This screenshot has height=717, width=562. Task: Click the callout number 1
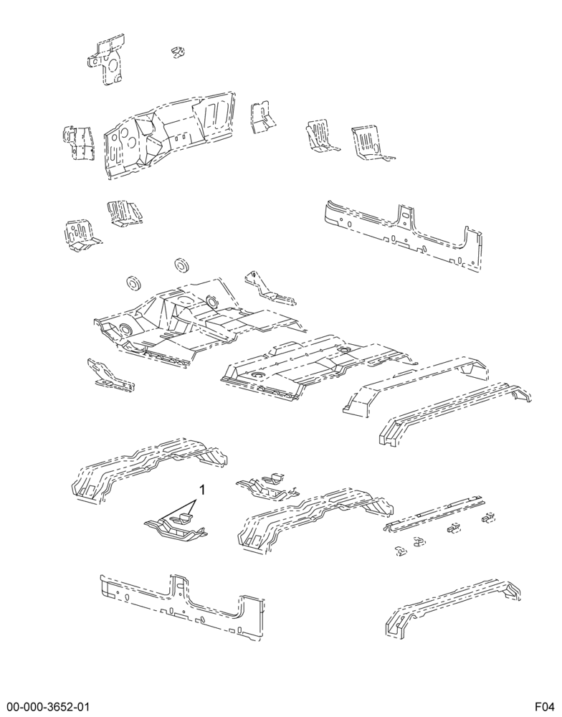point(201,490)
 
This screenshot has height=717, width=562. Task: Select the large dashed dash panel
point(170,135)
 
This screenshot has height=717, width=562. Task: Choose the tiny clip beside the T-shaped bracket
point(178,52)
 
